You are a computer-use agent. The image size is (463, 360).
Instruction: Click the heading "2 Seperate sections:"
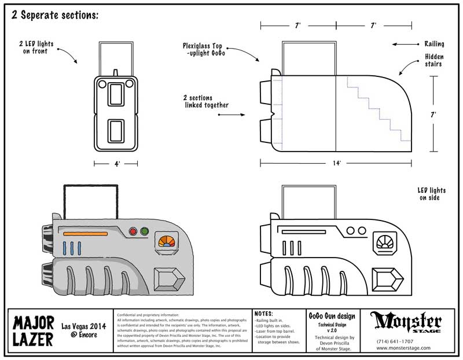tap(54, 14)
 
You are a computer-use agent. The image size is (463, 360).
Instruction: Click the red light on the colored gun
tap(133, 232)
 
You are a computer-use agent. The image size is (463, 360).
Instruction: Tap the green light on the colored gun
tap(144, 232)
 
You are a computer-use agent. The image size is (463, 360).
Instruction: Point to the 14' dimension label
tap(336, 164)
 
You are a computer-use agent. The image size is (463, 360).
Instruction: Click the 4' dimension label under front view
tap(117, 164)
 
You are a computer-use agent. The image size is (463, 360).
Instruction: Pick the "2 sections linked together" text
tap(207, 101)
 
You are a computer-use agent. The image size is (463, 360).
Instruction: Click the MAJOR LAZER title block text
tap(34, 330)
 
